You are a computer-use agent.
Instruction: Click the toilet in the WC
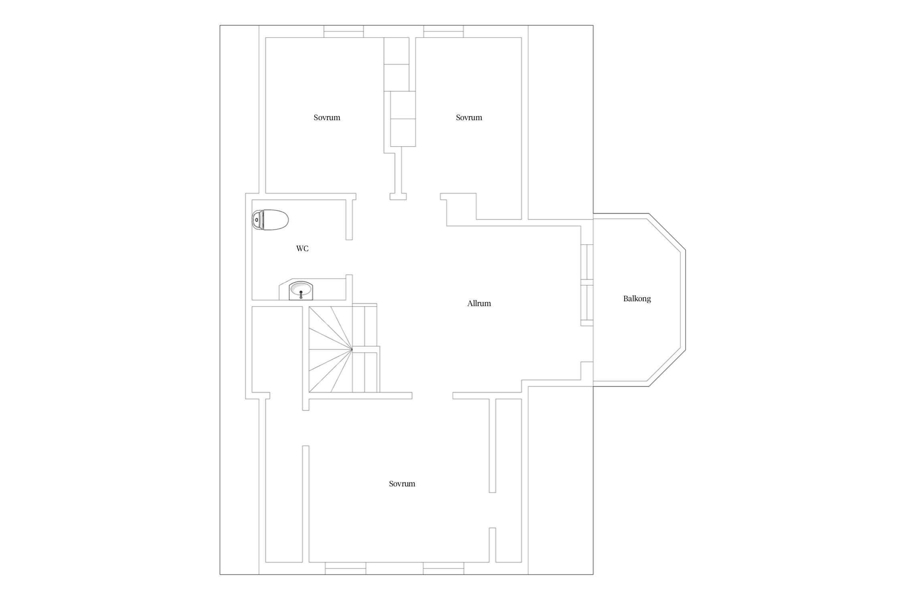click(270, 220)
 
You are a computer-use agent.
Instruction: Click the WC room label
click(302, 248)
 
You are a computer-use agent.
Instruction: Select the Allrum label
click(479, 303)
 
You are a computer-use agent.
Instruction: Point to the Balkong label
click(637, 298)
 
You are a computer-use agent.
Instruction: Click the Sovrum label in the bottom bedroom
click(402, 484)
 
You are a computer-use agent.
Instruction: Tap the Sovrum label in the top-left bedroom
click(327, 117)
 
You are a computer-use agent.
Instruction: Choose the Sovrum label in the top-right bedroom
click(469, 117)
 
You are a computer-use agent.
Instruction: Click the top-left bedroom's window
click(344, 31)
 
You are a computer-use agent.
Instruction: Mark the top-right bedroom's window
click(443, 31)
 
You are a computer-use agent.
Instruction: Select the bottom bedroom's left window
click(346, 568)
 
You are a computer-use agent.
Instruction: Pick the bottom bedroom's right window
click(443, 568)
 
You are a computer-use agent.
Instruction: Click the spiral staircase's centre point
click(352, 350)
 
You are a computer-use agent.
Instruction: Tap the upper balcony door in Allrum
click(587, 262)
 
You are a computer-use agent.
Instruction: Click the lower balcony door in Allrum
click(587, 303)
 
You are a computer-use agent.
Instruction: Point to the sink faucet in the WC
click(301, 294)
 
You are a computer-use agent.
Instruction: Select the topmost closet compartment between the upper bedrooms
click(396, 51)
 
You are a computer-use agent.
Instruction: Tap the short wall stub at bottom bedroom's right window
click(492, 545)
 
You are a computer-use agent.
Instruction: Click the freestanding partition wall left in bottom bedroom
click(305, 504)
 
